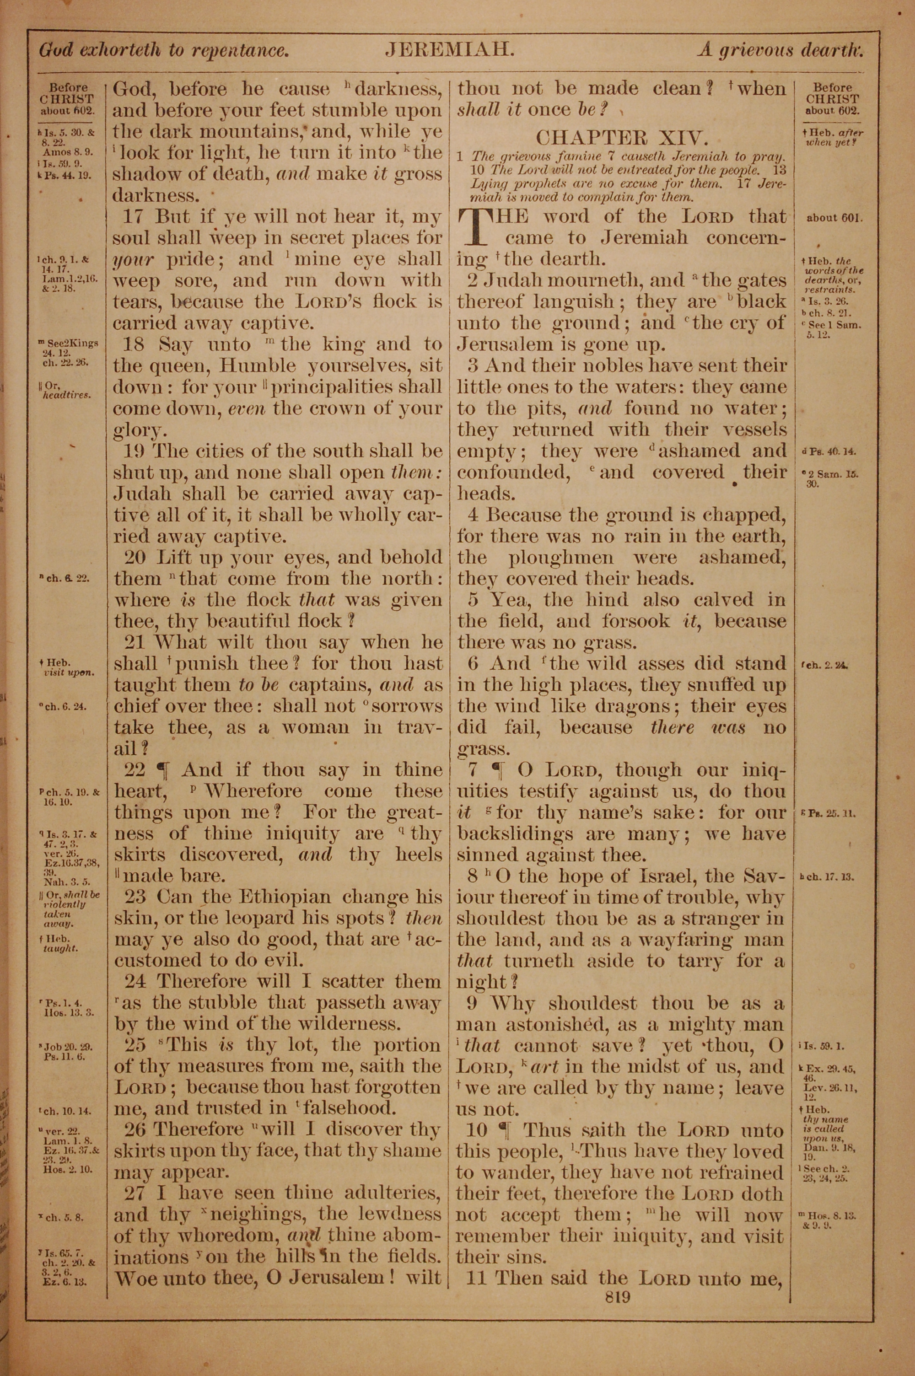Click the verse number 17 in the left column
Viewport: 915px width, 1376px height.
coord(134,217)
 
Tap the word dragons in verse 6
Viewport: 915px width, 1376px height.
coord(637,706)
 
